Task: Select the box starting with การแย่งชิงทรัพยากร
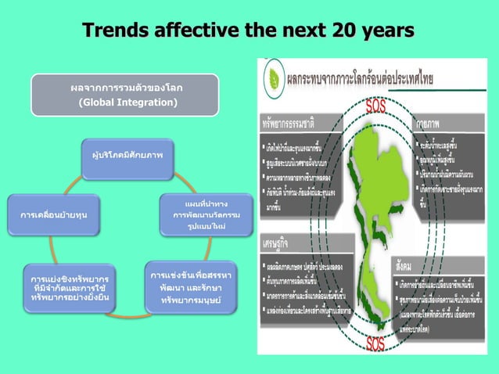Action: (x=70, y=288)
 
